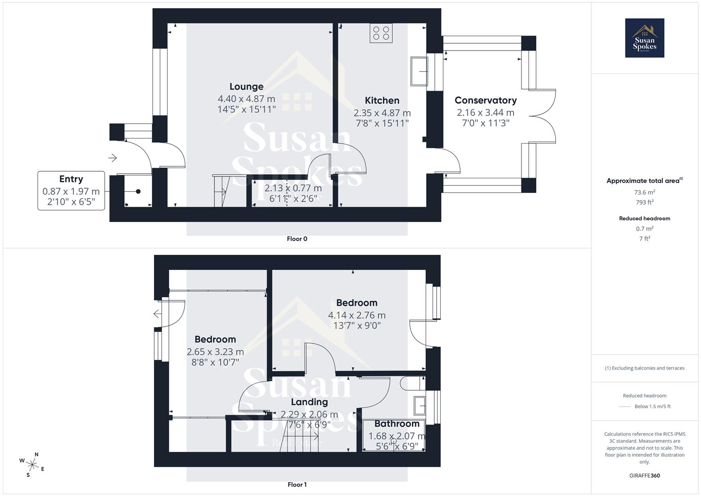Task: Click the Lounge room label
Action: [x=247, y=87]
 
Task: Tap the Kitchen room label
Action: [x=382, y=101]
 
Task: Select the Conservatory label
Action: [x=485, y=101]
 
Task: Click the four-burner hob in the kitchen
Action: [x=381, y=34]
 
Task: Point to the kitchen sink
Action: [x=419, y=71]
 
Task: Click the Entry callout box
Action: [x=71, y=191]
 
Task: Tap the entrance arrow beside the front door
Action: [x=112, y=158]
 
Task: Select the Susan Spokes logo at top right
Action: [x=645, y=38]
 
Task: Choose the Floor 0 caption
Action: [x=297, y=239]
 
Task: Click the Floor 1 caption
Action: [x=297, y=485]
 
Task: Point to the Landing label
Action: [x=309, y=402]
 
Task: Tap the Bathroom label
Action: [x=397, y=424]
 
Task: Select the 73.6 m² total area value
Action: [x=645, y=192]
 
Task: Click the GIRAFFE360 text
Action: [x=645, y=475]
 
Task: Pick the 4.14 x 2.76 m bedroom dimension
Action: [x=357, y=316]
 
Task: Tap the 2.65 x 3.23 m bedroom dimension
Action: [x=215, y=352]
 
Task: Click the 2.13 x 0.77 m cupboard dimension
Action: [x=293, y=188]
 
